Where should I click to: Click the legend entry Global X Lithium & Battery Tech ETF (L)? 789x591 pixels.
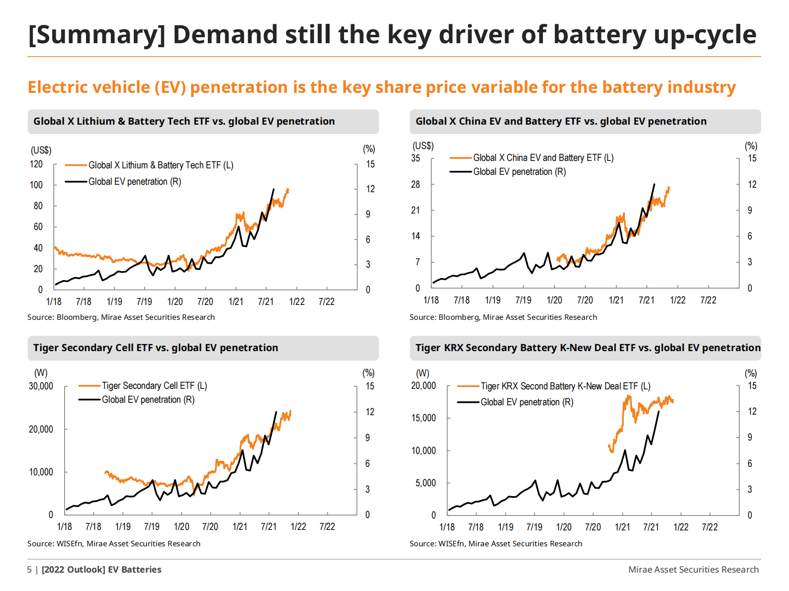pos(161,165)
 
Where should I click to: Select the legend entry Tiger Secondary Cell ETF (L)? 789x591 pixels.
pos(154,386)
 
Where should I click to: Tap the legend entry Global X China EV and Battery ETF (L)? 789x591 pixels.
pos(543,158)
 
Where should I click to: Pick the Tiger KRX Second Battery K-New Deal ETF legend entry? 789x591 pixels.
pos(565,386)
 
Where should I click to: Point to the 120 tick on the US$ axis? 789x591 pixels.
pos(36,164)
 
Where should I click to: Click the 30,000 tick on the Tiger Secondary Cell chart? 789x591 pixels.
pos(41,386)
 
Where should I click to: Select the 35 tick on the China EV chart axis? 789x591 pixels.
pos(416,158)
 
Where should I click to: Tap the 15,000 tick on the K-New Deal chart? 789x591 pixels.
pos(423,418)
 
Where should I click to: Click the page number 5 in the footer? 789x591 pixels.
pos(29,570)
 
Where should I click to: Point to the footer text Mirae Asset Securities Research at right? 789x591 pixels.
pos(694,570)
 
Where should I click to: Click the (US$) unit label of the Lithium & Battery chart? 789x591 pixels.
pos(41,150)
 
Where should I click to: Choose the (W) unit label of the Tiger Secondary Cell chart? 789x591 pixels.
pos(41,373)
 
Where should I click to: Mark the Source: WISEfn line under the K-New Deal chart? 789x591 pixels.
pos(496,544)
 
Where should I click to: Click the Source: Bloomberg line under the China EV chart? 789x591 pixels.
pos(503,317)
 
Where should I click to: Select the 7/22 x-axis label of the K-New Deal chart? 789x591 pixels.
pos(709,527)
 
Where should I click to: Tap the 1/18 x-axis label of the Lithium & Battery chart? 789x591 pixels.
pos(54,301)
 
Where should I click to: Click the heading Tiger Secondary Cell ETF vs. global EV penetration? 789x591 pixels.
pos(156,348)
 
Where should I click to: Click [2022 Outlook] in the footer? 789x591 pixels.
pos(74,570)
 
